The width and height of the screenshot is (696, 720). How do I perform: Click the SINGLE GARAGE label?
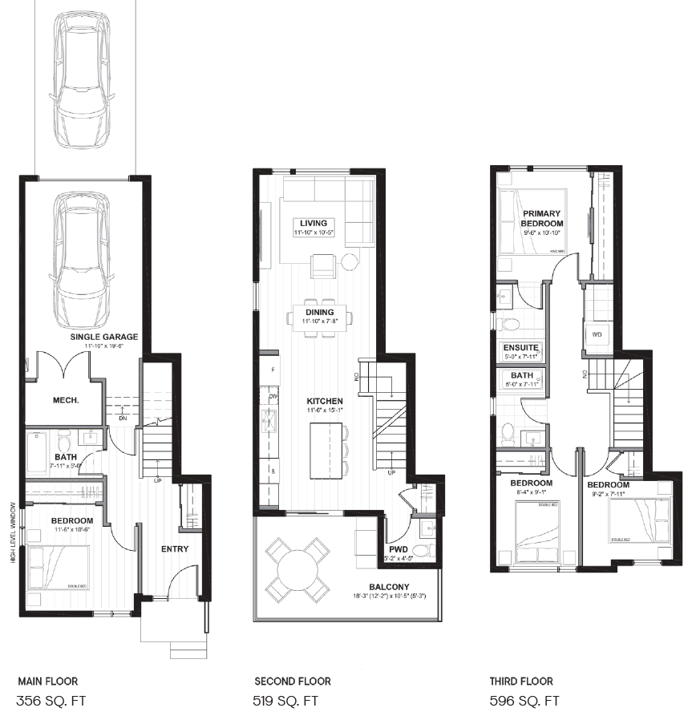[x=103, y=337]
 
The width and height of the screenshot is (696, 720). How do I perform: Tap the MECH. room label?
[x=64, y=399]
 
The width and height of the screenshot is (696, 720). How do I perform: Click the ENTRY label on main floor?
[x=174, y=549]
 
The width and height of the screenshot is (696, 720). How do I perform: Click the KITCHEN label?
[x=325, y=401]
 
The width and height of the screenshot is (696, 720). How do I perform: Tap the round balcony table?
[x=296, y=571]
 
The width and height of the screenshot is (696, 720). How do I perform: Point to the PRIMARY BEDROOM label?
[x=543, y=218]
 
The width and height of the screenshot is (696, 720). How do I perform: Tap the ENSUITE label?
[x=520, y=348]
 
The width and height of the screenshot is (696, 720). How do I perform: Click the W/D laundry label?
[x=597, y=334]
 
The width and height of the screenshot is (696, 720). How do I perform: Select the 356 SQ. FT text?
[x=51, y=702]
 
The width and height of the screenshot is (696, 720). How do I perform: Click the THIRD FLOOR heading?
[x=521, y=682]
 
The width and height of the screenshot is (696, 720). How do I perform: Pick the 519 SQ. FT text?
[x=286, y=702]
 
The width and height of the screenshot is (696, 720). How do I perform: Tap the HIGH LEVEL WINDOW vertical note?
[x=14, y=532]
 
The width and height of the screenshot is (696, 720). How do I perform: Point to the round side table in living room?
[x=350, y=261]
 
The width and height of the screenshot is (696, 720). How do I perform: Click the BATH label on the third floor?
[x=521, y=375]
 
